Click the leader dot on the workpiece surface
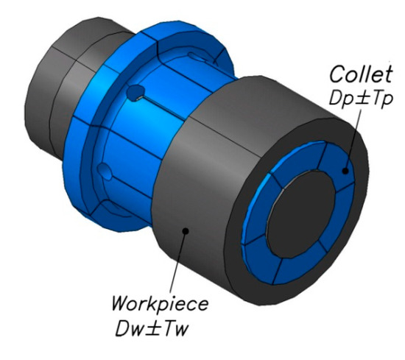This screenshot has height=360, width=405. (x=186, y=230)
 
